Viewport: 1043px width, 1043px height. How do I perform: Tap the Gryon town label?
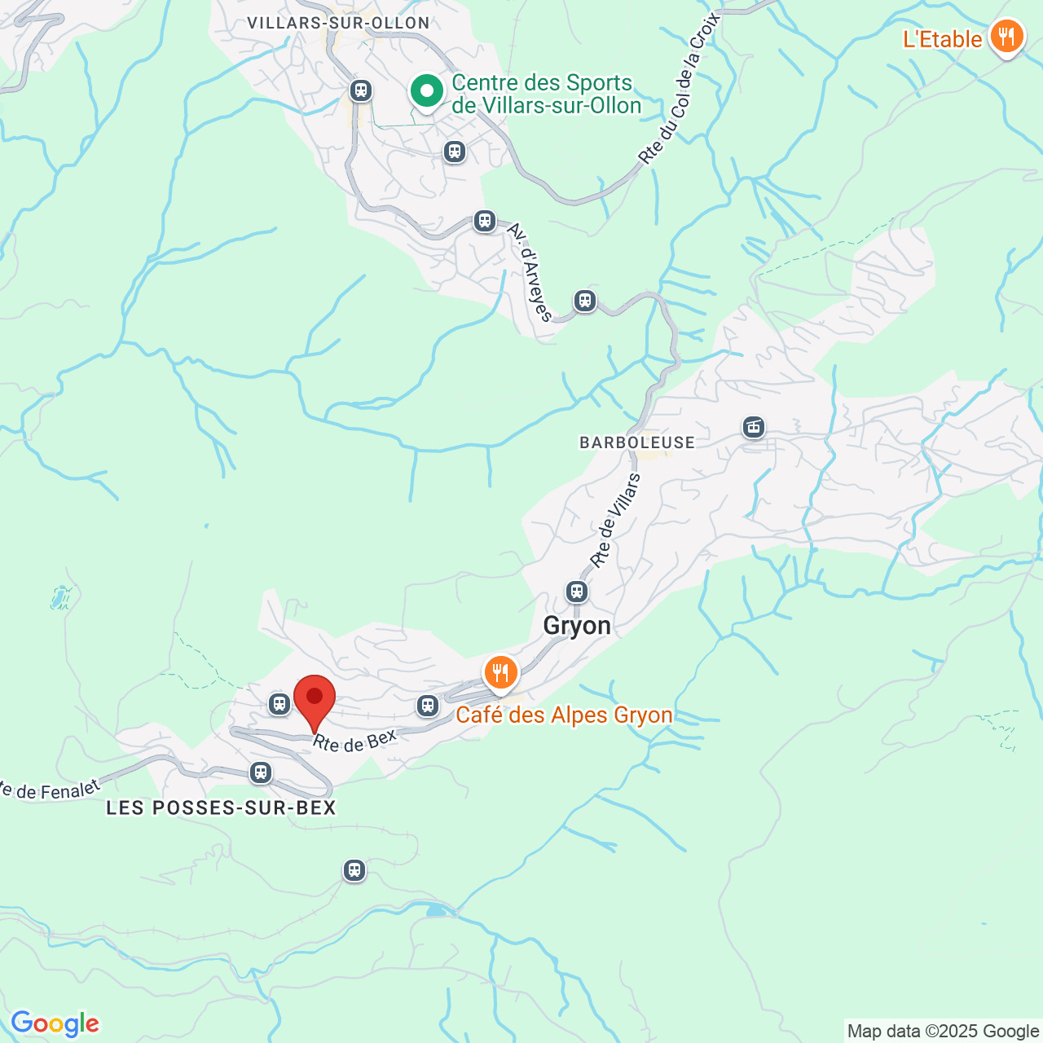pos(577,626)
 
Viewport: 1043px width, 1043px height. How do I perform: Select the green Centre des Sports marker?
pos(426,91)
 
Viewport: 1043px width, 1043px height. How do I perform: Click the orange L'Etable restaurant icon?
pos(1006,37)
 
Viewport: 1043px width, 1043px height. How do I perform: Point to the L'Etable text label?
pos(942,39)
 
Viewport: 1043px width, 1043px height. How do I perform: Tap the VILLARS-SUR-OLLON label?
pos(338,23)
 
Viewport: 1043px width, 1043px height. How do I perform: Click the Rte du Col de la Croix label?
pos(680,90)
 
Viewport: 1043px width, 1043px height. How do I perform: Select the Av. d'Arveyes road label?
pos(530,272)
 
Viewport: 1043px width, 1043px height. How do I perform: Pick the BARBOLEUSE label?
pos(637,442)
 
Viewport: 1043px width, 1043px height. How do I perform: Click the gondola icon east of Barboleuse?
pos(754,426)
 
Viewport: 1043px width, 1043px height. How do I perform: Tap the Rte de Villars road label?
pos(615,521)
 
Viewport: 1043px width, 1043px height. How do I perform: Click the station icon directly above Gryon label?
pos(577,591)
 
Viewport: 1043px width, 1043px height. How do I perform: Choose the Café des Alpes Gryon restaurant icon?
pos(500,674)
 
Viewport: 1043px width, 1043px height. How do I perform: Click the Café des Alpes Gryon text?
pos(564,715)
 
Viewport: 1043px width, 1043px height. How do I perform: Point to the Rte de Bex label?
pos(354,741)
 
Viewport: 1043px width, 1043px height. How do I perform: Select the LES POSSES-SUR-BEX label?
pos(221,808)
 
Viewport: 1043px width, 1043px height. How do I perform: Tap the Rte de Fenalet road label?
pos(49,790)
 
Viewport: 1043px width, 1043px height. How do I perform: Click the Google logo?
pos(55,1023)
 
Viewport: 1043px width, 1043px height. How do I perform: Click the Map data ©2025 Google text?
pos(943,1032)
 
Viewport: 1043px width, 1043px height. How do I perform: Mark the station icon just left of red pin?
pos(279,703)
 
